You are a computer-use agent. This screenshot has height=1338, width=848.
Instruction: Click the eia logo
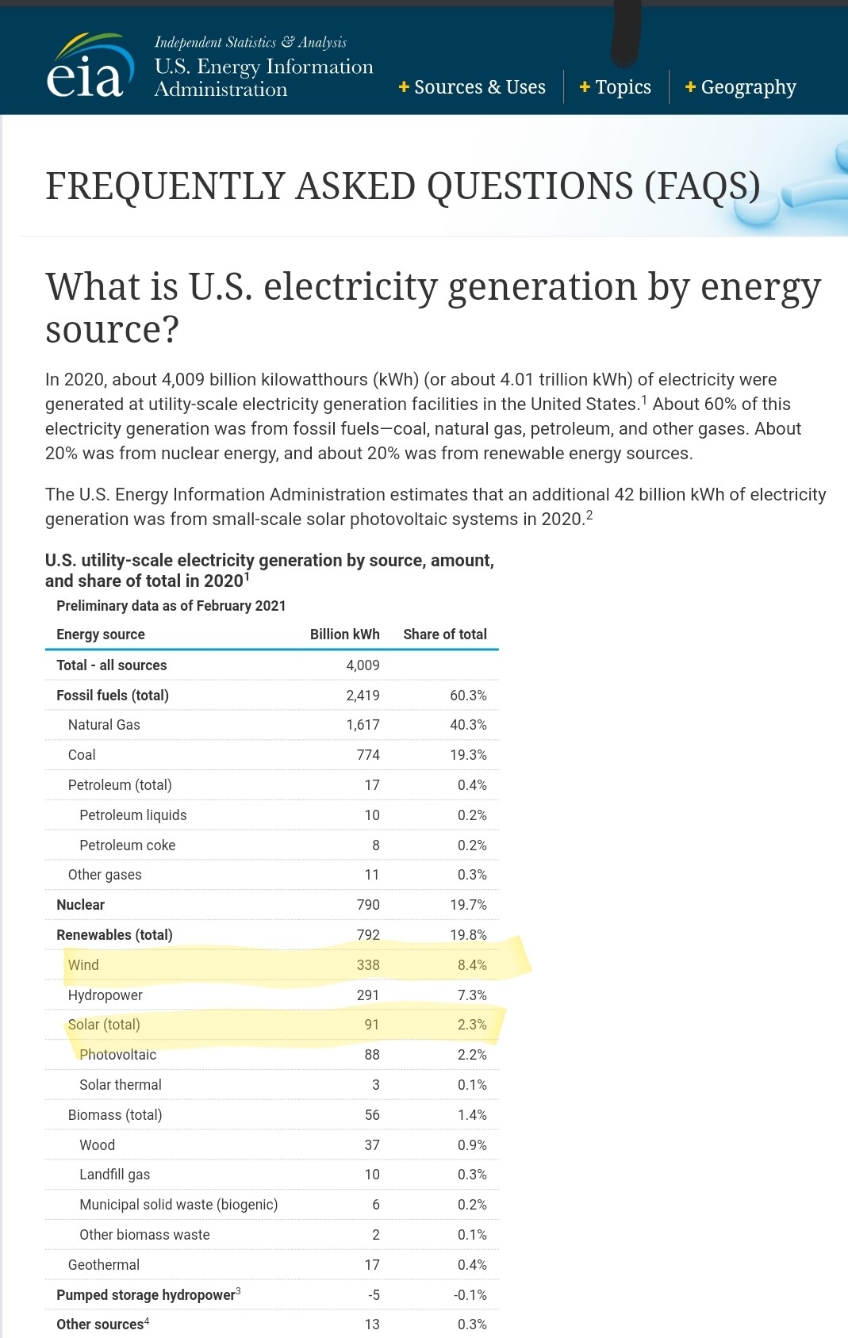click(86, 69)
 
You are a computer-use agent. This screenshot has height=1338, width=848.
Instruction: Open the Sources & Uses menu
click(472, 87)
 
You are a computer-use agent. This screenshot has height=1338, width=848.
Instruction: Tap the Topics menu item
click(616, 87)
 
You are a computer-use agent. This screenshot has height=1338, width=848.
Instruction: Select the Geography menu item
click(740, 87)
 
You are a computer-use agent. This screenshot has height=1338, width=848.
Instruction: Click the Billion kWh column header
click(344, 634)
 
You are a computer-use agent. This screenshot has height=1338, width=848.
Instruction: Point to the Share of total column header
click(444, 634)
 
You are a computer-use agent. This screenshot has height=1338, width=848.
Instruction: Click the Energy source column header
click(101, 634)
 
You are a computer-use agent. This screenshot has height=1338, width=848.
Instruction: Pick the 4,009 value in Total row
click(363, 665)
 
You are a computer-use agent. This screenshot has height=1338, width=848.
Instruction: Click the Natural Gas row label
click(104, 725)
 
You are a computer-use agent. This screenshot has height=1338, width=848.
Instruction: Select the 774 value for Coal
click(368, 755)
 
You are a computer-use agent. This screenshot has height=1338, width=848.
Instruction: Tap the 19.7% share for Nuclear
click(468, 905)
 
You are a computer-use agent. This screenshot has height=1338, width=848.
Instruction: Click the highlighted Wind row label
click(83, 965)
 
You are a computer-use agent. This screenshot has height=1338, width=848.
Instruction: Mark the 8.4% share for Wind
click(472, 965)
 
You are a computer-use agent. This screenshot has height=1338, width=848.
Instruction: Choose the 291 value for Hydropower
click(368, 995)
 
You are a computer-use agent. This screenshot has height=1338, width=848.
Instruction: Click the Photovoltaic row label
click(118, 1055)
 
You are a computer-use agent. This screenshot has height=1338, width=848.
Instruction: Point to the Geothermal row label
click(104, 1265)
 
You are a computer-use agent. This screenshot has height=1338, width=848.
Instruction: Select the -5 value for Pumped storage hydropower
click(374, 1295)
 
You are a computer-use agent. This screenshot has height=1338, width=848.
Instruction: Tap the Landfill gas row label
click(114, 1175)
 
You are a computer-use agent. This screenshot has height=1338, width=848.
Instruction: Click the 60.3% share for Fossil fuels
click(468, 696)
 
